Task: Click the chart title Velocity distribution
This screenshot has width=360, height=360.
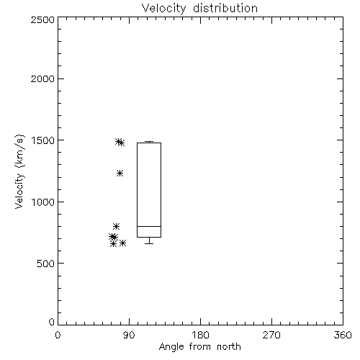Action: point(199,9)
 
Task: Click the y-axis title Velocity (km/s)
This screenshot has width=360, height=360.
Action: point(19,171)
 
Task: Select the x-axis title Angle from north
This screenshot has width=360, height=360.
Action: point(200,347)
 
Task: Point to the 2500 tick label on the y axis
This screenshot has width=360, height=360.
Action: point(42,19)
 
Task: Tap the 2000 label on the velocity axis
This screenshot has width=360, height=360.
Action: point(42,78)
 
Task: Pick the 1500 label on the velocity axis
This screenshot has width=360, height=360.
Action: point(43,140)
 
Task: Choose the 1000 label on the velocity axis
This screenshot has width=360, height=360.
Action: point(43,202)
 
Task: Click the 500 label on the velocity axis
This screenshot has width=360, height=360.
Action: point(46,264)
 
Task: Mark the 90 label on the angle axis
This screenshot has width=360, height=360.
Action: point(129,335)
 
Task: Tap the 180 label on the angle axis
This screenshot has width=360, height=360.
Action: point(200,335)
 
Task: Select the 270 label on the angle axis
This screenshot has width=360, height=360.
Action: point(271,335)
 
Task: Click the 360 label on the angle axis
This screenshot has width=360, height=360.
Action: point(343,335)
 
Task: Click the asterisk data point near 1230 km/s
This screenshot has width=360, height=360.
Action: point(120,173)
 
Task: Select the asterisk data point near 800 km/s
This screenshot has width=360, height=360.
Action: point(116,226)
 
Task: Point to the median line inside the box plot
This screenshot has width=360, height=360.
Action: point(149,226)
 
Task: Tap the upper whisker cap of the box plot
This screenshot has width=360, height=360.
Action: point(149,142)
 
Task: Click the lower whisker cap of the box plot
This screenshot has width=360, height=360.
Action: point(149,243)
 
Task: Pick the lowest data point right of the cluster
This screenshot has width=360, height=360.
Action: point(122,243)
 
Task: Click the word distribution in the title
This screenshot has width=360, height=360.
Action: point(225,9)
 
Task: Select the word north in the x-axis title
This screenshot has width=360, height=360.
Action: point(229,347)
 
